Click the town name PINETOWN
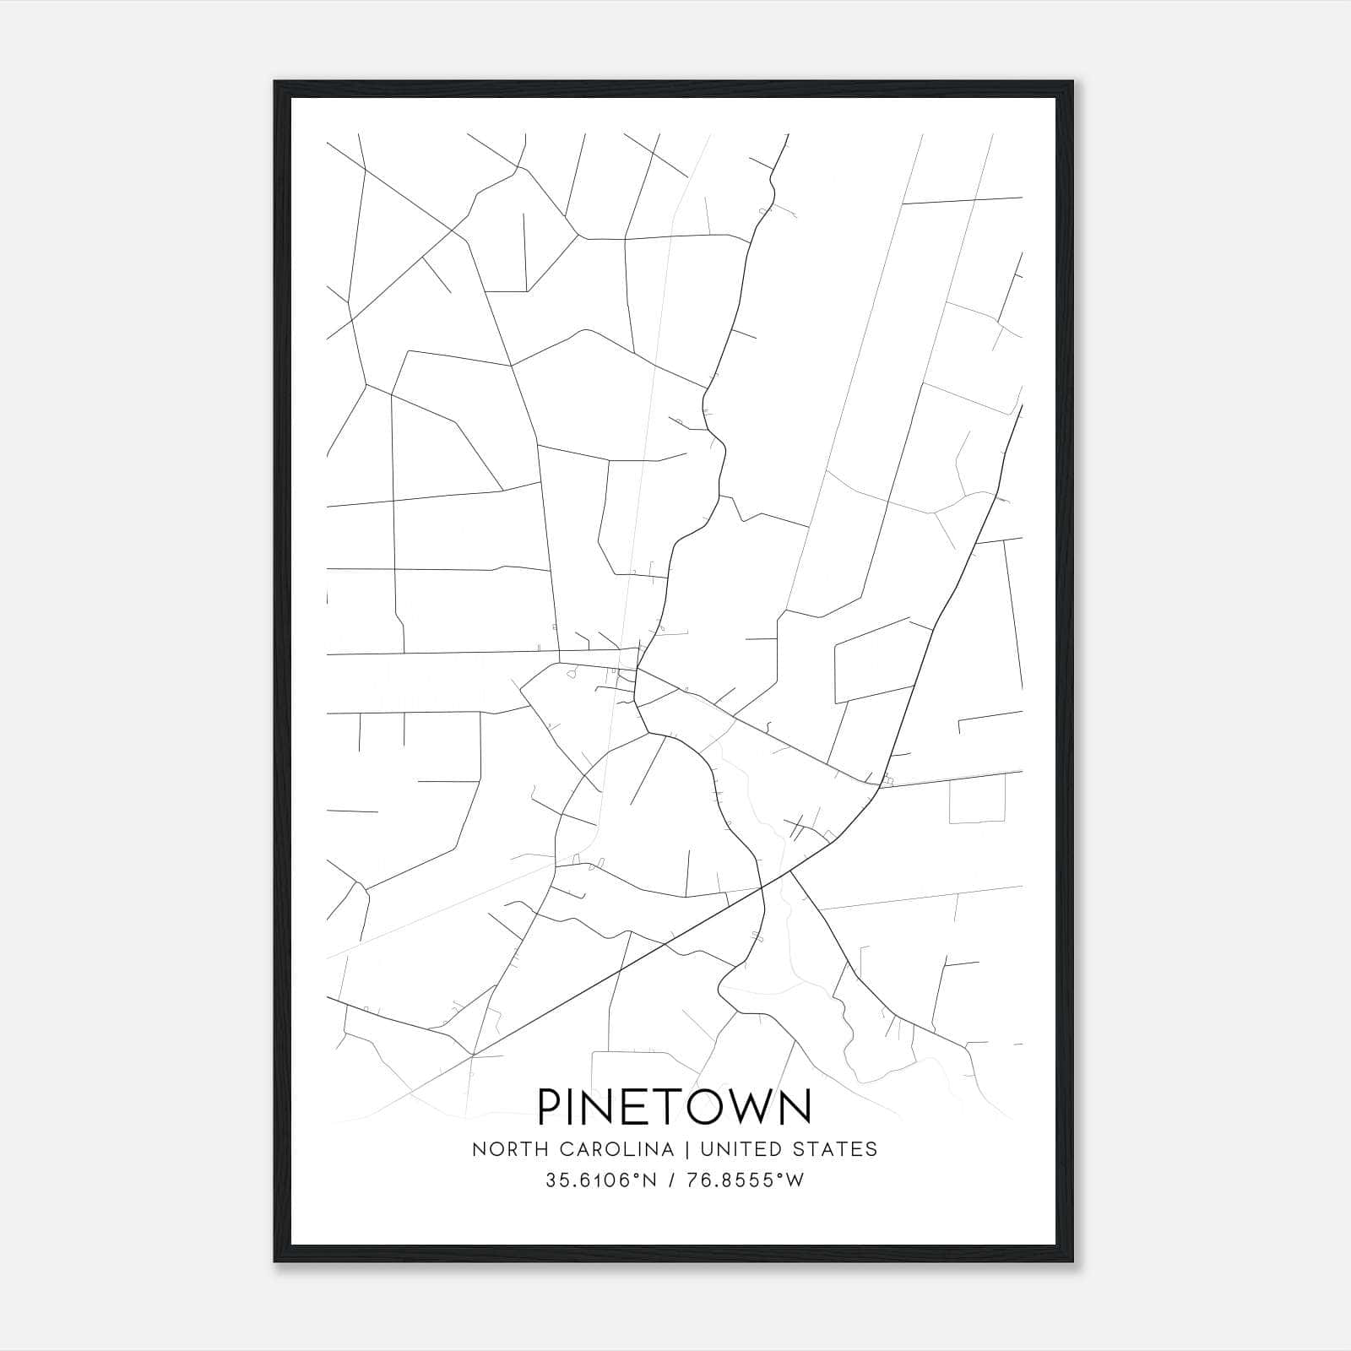674,1106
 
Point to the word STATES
841,1149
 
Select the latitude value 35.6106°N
600,1180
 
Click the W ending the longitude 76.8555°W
795,1180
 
